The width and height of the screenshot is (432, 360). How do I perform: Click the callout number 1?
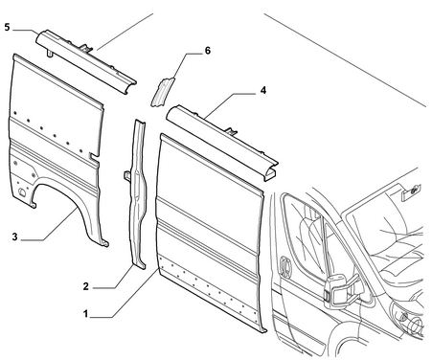[85, 314]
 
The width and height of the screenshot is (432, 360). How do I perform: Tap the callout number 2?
[85, 286]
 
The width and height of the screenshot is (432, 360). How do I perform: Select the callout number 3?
[14, 237]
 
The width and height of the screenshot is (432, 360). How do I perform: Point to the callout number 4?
[262, 90]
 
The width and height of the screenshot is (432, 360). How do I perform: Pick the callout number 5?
[8, 27]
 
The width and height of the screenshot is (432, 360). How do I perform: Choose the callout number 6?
[208, 51]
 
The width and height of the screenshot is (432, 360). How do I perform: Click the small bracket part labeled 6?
[162, 92]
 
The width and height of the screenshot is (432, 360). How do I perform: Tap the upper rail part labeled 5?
[85, 60]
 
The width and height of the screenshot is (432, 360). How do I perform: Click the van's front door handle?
[285, 266]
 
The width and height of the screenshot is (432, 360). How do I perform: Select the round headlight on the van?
[416, 325]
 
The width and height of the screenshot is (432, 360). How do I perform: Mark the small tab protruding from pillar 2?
[127, 176]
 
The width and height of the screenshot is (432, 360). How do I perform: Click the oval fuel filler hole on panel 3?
[23, 192]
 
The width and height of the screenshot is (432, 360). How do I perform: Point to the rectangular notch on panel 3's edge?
[94, 155]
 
